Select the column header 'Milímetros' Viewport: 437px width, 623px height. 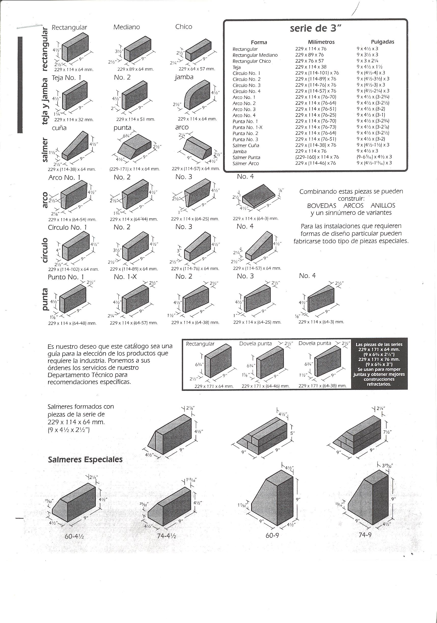321,42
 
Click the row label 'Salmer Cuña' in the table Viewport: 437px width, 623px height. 245,145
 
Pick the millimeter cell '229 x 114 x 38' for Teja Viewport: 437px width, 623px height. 311,67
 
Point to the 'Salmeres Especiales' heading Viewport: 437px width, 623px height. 85,460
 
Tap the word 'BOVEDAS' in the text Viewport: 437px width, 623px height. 322,206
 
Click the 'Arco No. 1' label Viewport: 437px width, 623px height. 64,178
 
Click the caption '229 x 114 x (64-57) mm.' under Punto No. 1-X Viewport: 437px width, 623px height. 134,323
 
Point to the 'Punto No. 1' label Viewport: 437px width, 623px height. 66,277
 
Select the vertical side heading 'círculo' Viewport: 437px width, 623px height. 45,250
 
